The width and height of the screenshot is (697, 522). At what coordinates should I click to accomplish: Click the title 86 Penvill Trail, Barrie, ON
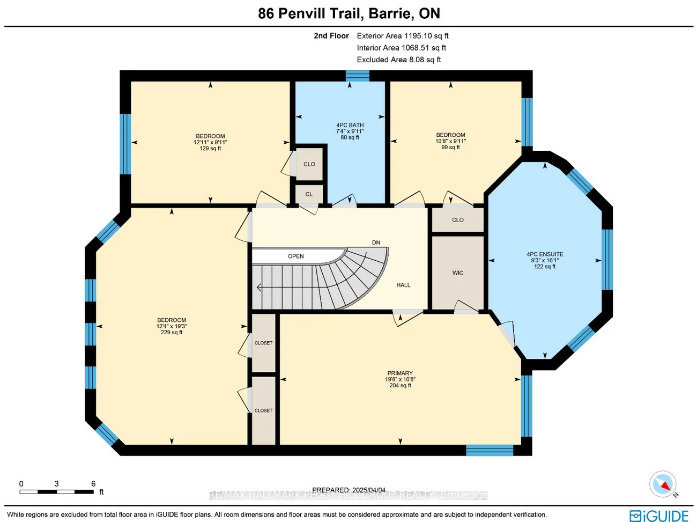[x=349, y=13]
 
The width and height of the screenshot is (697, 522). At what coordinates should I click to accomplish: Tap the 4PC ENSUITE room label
[x=545, y=254]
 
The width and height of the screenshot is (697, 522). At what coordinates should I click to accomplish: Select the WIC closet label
[x=457, y=273]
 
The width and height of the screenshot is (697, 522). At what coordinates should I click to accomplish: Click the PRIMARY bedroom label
[x=400, y=373]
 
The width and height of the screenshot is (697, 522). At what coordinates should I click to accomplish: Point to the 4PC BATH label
[x=350, y=125]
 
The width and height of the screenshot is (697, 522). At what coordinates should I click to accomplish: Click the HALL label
[x=403, y=285]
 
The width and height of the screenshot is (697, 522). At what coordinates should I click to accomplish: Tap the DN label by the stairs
[x=376, y=242]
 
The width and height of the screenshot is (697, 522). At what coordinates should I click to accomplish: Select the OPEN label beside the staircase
[x=295, y=256]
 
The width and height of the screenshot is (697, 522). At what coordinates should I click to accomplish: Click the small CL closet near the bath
[x=309, y=194]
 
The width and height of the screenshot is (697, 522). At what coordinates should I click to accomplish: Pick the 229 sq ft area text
[x=172, y=333]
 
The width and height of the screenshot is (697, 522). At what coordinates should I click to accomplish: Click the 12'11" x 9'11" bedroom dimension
[x=210, y=142]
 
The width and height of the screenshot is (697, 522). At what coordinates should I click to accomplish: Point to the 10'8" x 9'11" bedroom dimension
[x=450, y=141]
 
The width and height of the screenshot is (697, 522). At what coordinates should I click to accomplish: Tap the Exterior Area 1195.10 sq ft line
[x=403, y=36]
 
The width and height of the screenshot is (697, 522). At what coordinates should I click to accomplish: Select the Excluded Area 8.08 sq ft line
[x=399, y=60]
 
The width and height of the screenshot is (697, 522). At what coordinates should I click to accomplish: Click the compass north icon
[x=663, y=484]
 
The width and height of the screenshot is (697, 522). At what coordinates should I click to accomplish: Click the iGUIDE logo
[x=658, y=516]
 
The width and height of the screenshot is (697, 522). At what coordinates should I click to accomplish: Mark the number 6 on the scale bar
[x=93, y=484]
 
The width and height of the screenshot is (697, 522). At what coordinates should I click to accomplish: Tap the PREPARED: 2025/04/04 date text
[x=349, y=490]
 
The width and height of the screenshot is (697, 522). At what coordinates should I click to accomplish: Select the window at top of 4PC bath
[x=357, y=76]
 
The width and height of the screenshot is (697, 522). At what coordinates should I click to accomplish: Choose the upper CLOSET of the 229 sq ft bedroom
[x=263, y=343]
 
